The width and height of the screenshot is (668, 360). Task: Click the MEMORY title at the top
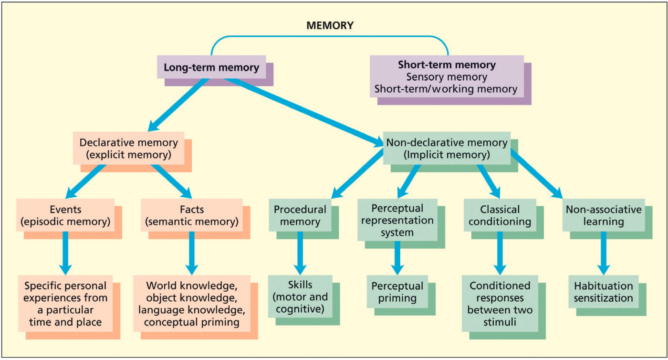330,26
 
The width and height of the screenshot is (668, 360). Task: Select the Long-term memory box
211,67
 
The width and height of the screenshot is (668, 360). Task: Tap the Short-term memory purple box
447,77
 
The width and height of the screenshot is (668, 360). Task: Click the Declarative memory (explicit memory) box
129,148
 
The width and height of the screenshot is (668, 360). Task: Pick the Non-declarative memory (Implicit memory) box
447,148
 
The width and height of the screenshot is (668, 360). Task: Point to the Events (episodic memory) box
65,215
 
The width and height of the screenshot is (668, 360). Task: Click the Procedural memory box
300,215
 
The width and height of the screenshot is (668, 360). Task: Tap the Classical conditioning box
500,215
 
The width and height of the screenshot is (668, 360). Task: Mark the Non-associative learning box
604,215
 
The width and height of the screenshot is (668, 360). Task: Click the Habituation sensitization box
603,292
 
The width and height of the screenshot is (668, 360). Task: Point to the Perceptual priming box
397,292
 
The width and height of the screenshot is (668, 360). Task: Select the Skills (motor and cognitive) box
300,297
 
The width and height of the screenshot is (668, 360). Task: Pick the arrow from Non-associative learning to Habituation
604,253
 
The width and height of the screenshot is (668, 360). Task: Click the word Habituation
604,286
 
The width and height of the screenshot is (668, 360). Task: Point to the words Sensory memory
447,77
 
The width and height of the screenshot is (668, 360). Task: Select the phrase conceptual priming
193,322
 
